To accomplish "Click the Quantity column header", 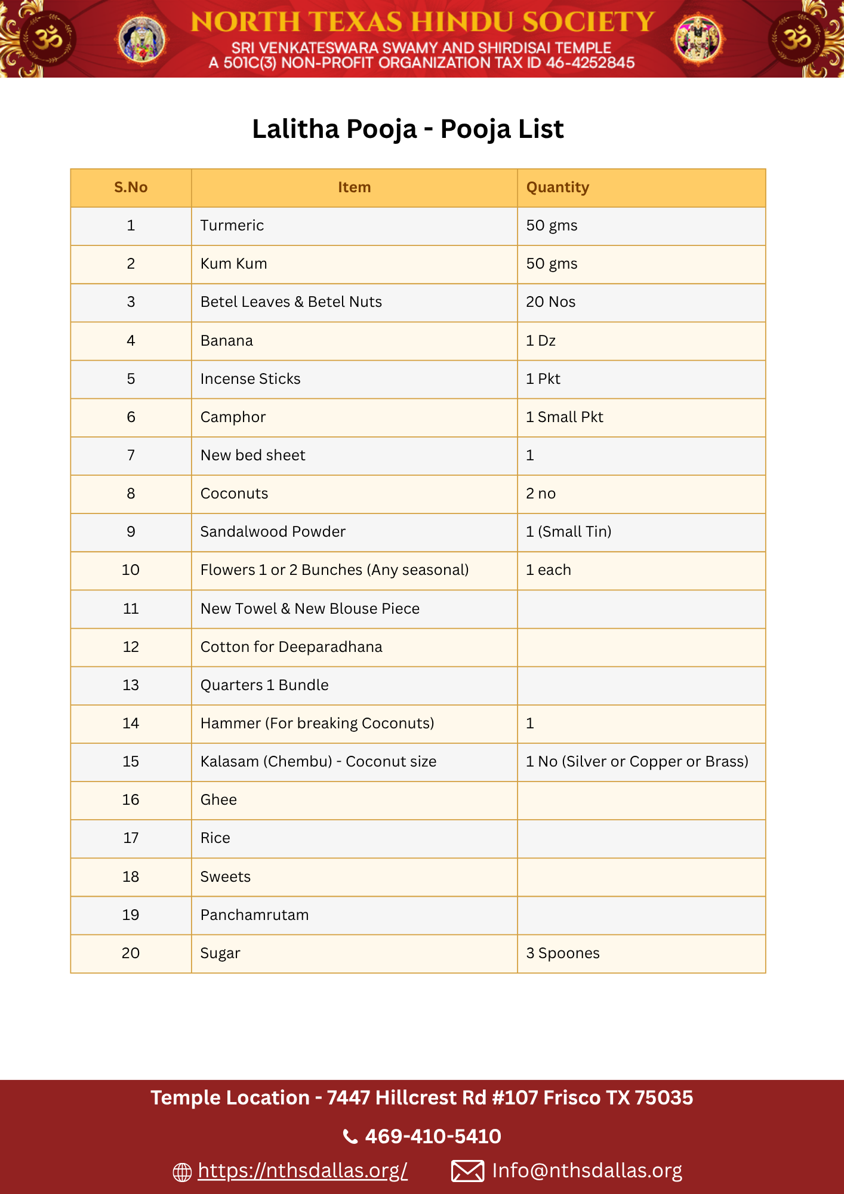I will click(x=557, y=187).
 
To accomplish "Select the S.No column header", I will click(x=131, y=187).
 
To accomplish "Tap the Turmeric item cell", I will click(x=232, y=226).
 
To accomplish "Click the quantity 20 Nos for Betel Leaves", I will click(x=550, y=302).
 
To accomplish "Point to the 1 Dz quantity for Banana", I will click(x=541, y=341).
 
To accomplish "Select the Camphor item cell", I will click(x=233, y=417).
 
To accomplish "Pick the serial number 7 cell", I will click(x=131, y=456).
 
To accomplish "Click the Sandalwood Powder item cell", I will click(x=273, y=532).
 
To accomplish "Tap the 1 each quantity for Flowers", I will click(x=548, y=570).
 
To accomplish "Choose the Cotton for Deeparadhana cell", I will click(x=291, y=647).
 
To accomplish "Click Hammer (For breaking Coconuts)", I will click(x=317, y=724).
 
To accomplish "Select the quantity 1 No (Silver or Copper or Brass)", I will click(x=637, y=762).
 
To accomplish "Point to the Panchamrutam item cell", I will click(x=254, y=915).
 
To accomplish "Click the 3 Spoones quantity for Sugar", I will click(x=562, y=953).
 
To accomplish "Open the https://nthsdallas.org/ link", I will click(x=303, y=1171).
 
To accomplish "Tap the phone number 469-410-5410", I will click(x=433, y=1136).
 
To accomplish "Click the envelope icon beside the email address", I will click(x=467, y=1171).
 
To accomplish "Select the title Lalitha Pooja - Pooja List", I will click(x=408, y=129).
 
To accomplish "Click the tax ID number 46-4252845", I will click(x=590, y=63).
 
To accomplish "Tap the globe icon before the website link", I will click(x=182, y=1172).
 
